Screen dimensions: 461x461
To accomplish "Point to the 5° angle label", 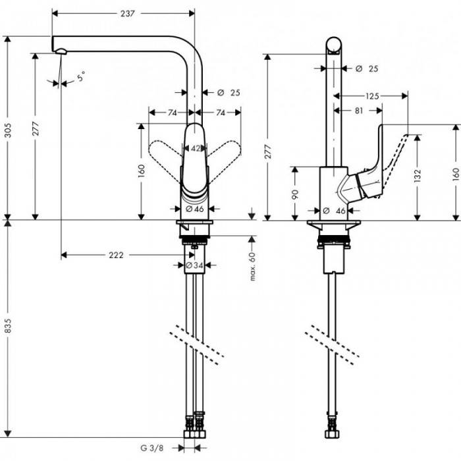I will coord(80,77).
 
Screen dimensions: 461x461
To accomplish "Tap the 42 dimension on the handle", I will coord(196,148).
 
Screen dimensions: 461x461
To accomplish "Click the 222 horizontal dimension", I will coord(115,255).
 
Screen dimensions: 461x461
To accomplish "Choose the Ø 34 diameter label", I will coord(194,265).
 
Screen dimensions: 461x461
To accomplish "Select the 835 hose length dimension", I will coord(7,331).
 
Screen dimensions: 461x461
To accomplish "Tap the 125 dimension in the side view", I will coord(372,96).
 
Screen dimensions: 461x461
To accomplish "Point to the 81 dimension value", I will coord(359,111).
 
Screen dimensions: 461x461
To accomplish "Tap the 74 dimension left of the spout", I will coord(171,113).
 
